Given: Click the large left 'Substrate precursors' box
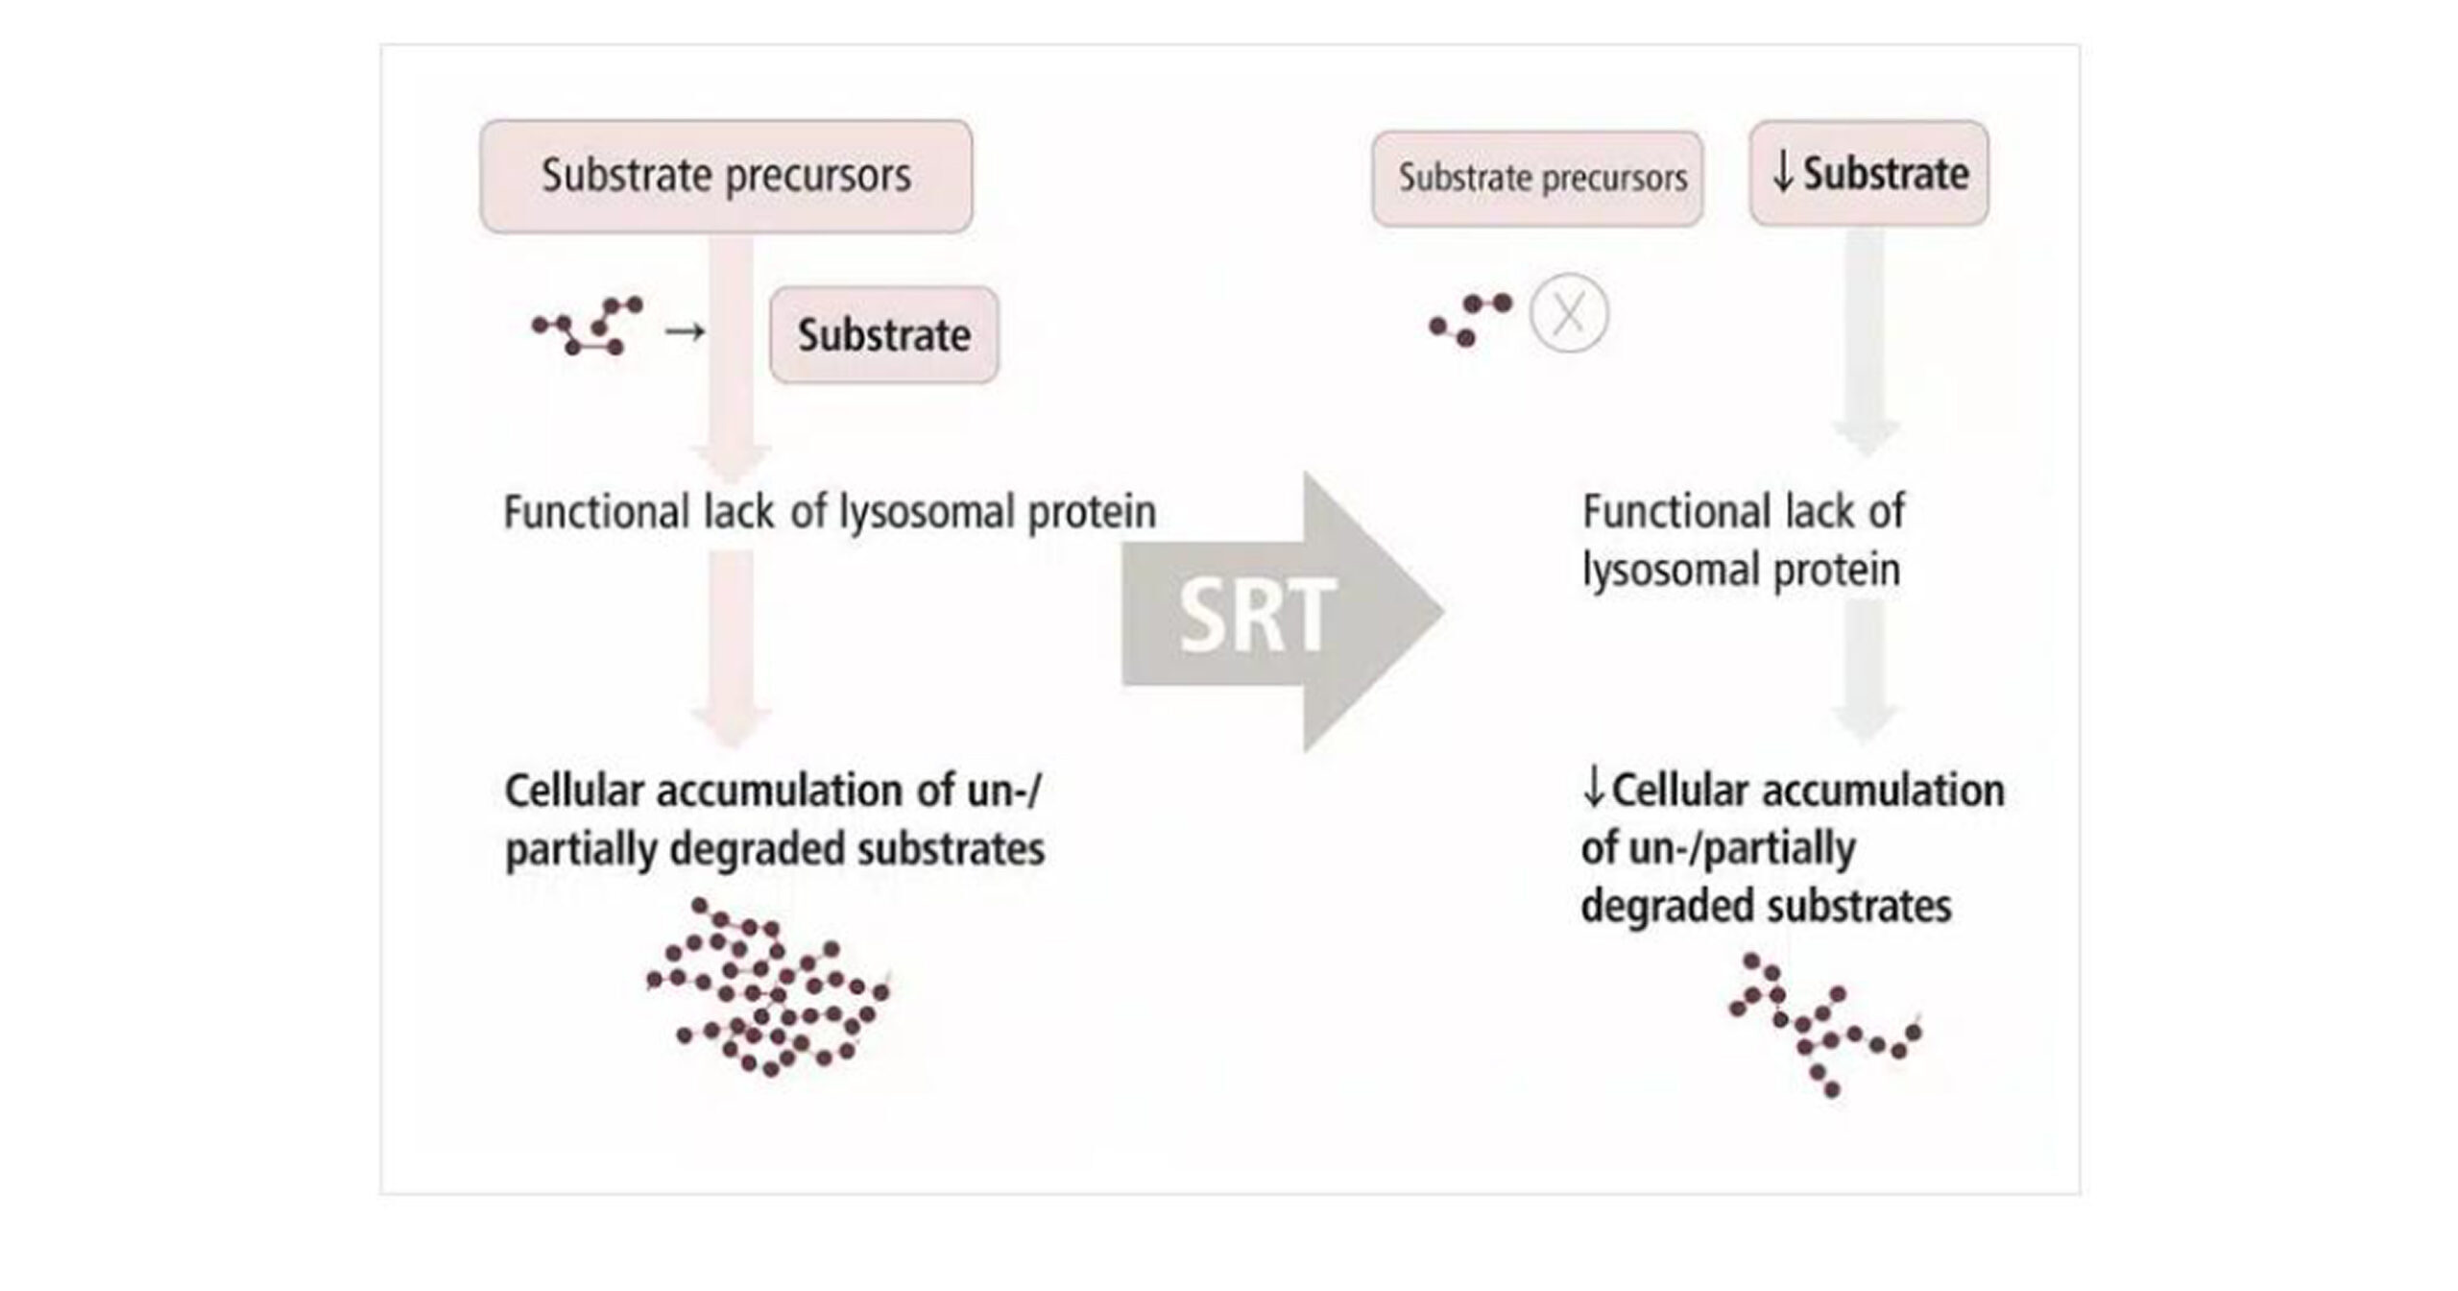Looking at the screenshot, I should pos(726,176).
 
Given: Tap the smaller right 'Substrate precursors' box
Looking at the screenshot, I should pos(1537,179).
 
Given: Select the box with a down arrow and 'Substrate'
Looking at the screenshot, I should pos(1868,174).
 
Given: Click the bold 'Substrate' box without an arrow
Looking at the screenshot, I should pos(883,335).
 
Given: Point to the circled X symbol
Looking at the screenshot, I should pos(1568,313).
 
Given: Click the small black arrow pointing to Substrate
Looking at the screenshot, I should pos(685,332).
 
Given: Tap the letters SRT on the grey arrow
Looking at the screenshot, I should pos(1257,615).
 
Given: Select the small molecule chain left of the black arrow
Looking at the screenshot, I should pos(589,326).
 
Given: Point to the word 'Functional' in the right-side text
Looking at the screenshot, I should pos(1648,512).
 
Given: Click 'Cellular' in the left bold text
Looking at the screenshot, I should pos(574,792).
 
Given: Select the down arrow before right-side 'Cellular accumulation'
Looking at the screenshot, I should pos(1594,790).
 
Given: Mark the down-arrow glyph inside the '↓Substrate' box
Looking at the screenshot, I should pos(1782,174).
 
